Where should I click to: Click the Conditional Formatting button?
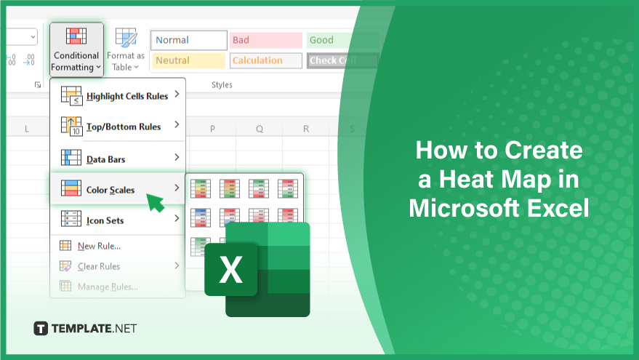tap(76, 49)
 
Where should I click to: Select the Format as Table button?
tap(126, 49)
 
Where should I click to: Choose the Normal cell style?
tap(189, 40)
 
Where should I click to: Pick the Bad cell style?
tap(266, 40)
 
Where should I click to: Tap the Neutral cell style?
tap(189, 60)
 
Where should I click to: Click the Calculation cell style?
tap(266, 60)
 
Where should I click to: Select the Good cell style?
tap(342, 40)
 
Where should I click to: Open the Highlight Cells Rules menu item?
tap(118, 96)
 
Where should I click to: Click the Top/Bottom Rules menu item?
tap(118, 127)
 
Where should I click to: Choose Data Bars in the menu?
tap(118, 159)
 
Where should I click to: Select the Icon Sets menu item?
tap(118, 220)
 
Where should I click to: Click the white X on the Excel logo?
tap(230, 269)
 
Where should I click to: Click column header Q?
tap(260, 129)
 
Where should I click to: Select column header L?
tap(26, 129)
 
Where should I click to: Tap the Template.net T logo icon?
tap(41, 328)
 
